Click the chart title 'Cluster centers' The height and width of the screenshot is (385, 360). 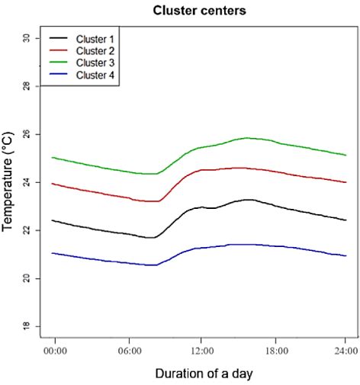tap(201, 11)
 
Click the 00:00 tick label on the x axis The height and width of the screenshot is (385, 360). tap(55, 351)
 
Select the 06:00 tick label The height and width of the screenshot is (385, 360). tap(128, 351)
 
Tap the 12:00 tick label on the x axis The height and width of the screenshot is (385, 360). tap(201, 351)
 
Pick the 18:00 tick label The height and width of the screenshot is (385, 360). tap(274, 351)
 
